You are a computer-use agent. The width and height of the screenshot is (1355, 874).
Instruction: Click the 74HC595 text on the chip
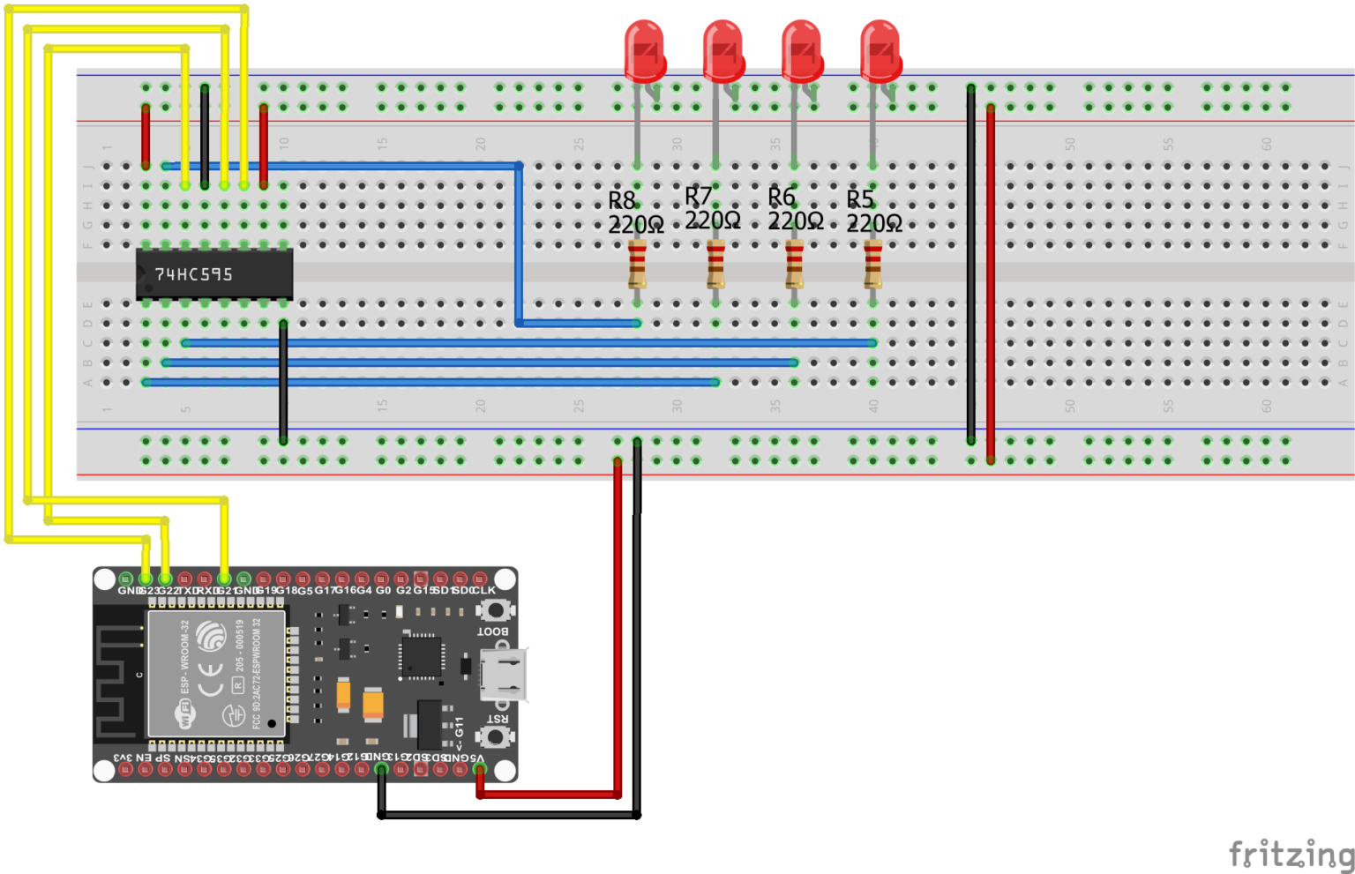click(194, 274)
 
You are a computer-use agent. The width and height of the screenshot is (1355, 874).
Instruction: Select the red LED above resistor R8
click(644, 51)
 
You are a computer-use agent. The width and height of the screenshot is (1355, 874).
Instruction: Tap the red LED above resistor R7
click(723, 51)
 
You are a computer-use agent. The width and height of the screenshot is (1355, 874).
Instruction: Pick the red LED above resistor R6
click(802, 51)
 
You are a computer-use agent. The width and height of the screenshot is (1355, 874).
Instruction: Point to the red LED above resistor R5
click(880, 51)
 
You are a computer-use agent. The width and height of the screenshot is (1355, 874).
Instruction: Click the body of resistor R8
click(637, 265)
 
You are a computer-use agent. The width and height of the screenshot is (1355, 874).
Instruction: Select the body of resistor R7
click(715, 265)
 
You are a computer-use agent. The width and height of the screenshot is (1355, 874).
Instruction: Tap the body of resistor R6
click(794, 265)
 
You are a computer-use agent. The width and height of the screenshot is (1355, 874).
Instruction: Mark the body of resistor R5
click(872, 265)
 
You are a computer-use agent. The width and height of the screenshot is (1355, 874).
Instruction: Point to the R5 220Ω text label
click(873, 213)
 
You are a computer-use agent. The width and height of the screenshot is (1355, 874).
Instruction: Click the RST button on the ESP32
click(496, 736)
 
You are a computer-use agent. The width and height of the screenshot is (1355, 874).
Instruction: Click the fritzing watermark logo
click(1291, 854)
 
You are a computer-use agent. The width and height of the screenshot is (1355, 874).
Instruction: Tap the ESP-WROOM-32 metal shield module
click(216, 673)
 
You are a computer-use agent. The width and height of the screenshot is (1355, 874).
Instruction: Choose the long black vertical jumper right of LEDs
click(971, 265)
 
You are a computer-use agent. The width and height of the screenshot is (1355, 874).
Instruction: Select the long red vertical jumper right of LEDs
click(991, 282)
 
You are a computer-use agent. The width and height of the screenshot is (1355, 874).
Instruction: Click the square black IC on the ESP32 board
click(421, 656)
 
